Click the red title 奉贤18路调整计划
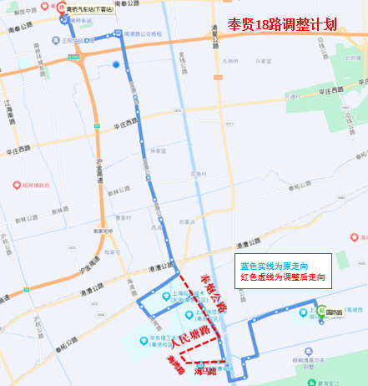coord(281,24)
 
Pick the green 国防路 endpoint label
coord(335,312)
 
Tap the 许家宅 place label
coord(264,61)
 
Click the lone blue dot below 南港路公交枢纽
coord(115,64)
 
